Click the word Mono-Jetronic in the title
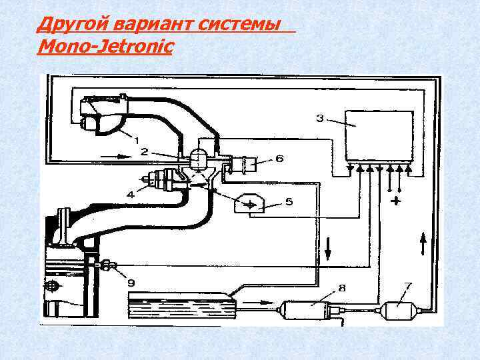click(105, 47)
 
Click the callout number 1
click(137, 141)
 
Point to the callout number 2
click(144, 152)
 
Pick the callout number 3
click(319, 119)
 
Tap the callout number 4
click(131, 195)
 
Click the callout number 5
click(288, 201)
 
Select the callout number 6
click(279, 159)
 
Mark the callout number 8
click(341, 288)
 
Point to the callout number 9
click(131, 282)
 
